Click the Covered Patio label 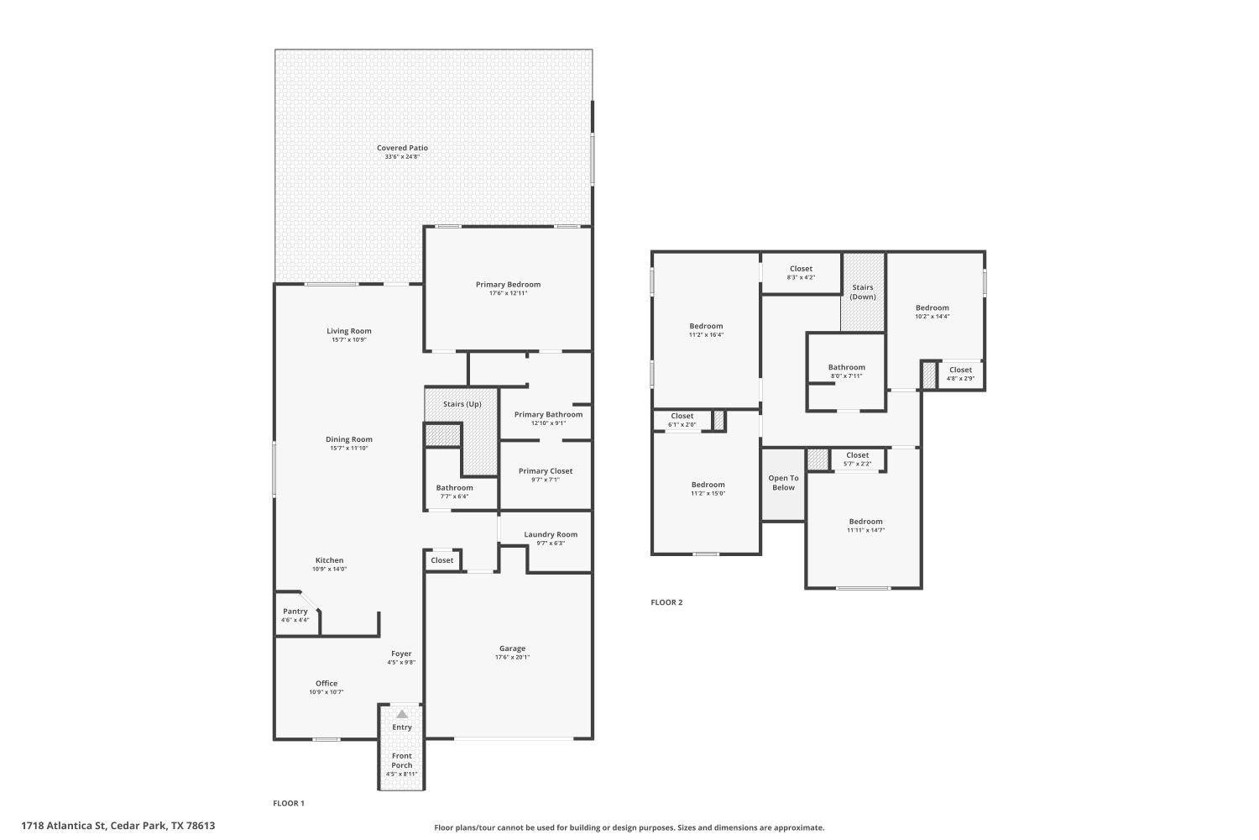pyautogui.click(x=402, y=148)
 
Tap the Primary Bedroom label pyautogui.click(x=508, y=284)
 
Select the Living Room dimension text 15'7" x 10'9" pyautogui.click(x=348, y=340)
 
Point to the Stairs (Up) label pyautogui.click(x=462, y=404)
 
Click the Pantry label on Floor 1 pyautogui.click(x=295, y=612)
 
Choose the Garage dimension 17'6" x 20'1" pyautogui.click(x=512, y=658)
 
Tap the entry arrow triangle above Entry pyautogui.click(x=402, y=714)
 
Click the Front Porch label pyautogui.click(x=402, y=760)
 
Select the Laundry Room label pyautogui.click(x=551, y=534)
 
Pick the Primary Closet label pyautogui.click(x=546, y=470)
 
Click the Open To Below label pyautogui.click(x=783, y=483)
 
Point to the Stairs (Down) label pyautogui.click(x=863, y=291)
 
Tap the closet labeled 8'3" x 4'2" pyautogui.click(x=801, y=269)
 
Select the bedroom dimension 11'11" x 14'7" pyautogui.click(x=865, y=531)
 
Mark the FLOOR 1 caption pyautogui.click(x=289, y=804)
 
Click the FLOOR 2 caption pyautogui.click(x=666, y=602)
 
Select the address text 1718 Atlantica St pyautogui.click(x=64, y=826)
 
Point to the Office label pyautogui.click(x=327, y=683)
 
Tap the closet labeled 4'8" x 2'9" pyautogui.click(x=960, y=370)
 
